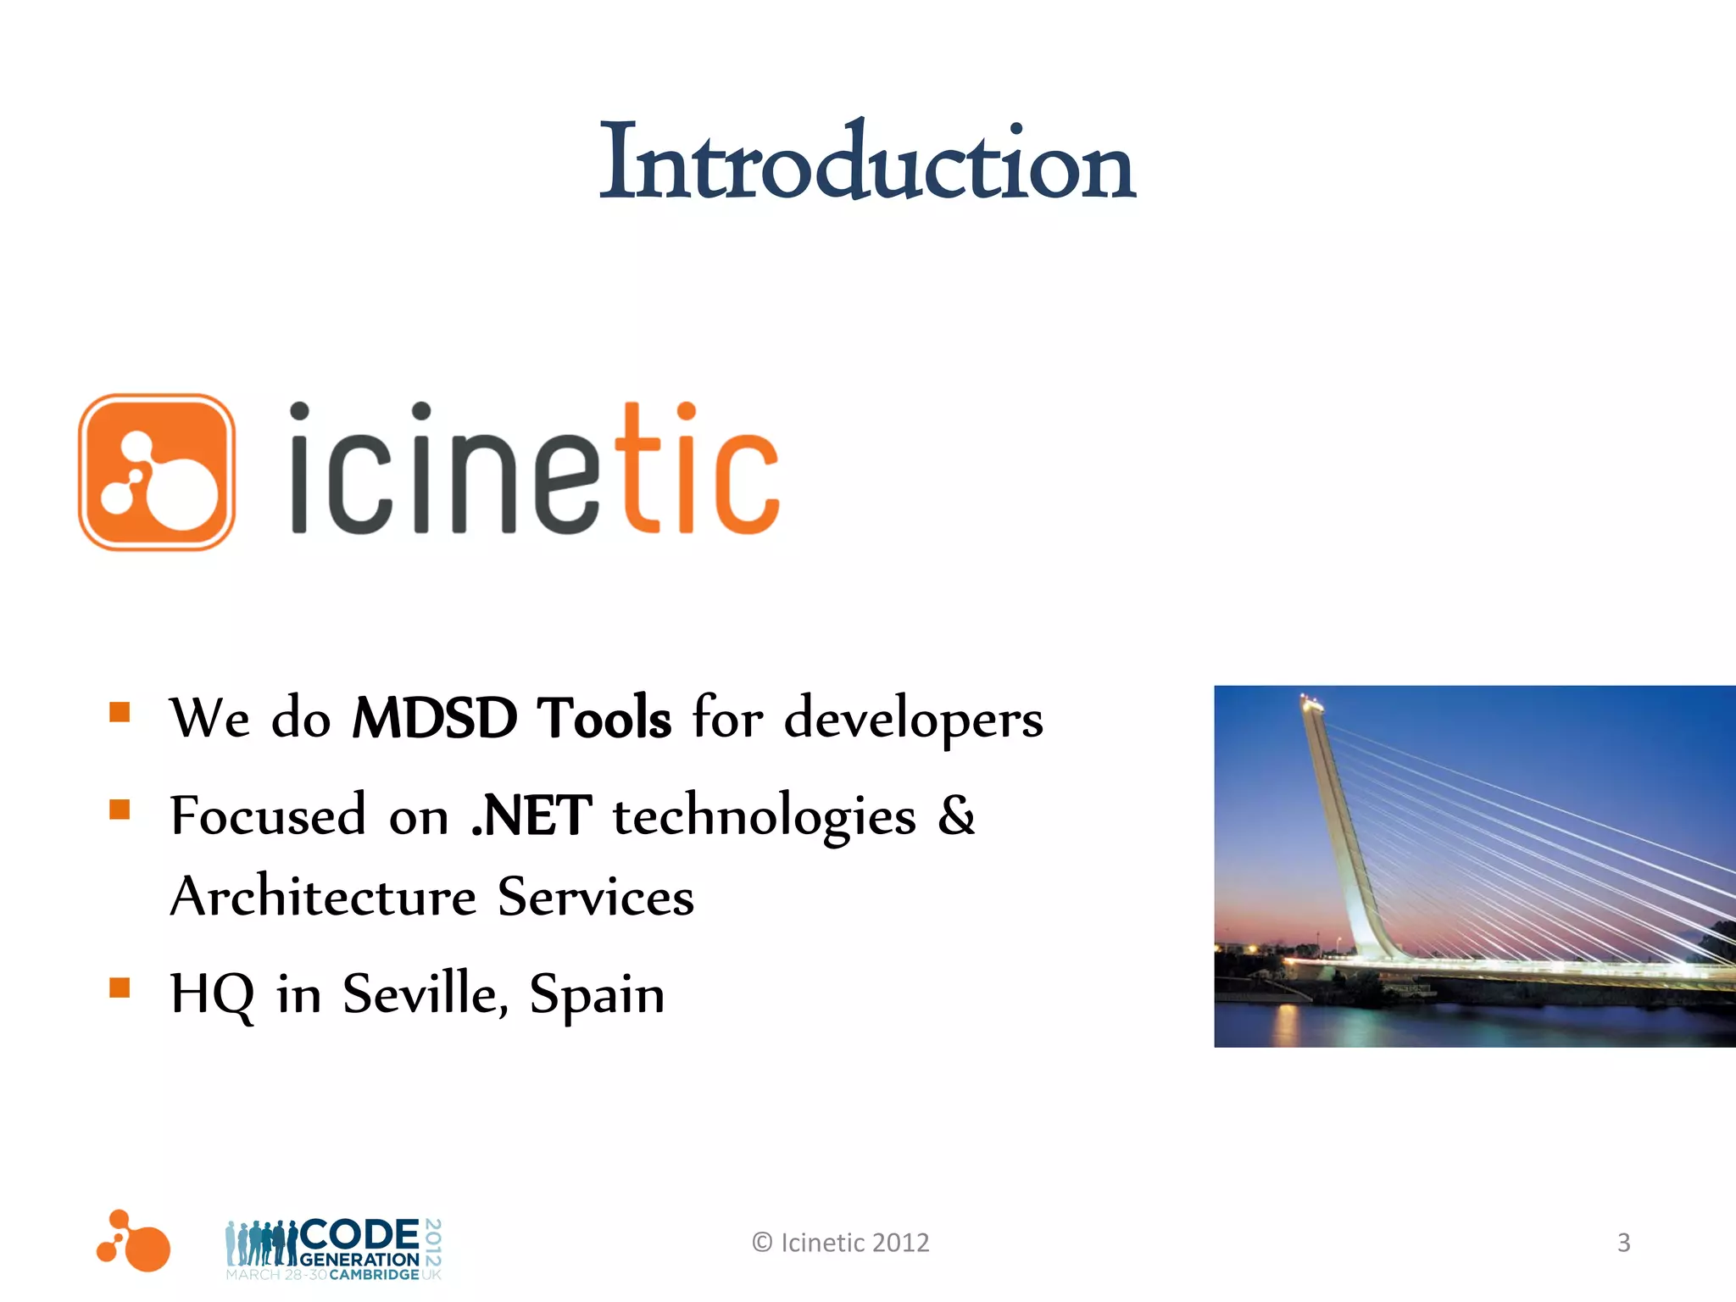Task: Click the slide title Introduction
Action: pyautogui.click(x=866, y=163)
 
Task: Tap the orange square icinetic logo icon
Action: pyautogui.click(x=157, y=472)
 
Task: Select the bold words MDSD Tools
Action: pyautogui.click(x=511, y=718)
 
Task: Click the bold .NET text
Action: pyautogui.click(x=531, y=815)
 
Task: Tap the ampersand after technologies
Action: pyautogui.click(x=956, y=815)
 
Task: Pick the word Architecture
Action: pyautogui.click(x=323, y=897)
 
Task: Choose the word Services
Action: pyautogui.click(x=595, y=897)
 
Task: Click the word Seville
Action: pyautogui.click(x=425, y=993)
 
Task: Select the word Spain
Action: pyautogui.click(x=597, y=995)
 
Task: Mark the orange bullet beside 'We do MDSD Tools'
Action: pyautogui.click(x=120, y=712)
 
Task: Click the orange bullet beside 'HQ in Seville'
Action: pyautogui.click(x=120, y=988)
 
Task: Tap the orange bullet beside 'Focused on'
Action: pyautogui.click(x=120, y=810)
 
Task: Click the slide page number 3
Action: pyautogui.click(x=1623, y=1243)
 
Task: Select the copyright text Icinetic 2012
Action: pyautogui.click(x=841, y=1243)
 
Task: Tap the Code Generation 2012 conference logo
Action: pyautogui.click(x=333, y=1249)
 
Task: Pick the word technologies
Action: pyautogui.click(x=764, y=817)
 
